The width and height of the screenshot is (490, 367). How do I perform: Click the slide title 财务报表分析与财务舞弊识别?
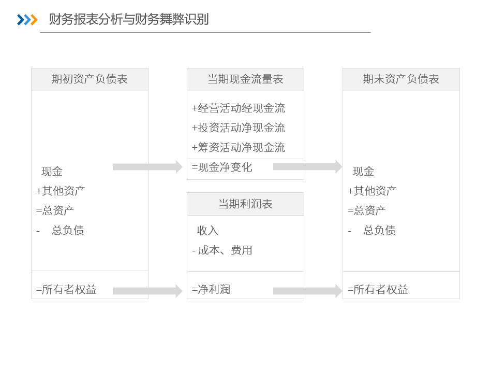click(x=129, y=19)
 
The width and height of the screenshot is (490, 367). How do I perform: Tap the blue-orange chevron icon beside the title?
click(x=27, y=20)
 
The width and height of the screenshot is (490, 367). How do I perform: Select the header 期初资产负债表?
click(x=90, y=79)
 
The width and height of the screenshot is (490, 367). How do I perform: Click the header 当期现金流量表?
click(x=245, y=79)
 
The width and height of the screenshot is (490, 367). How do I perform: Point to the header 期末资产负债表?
click(x=401, y=79)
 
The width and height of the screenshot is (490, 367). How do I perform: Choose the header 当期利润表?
click(x=245, y=204)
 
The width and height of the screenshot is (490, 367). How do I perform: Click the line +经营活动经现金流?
click(x=238, y=108)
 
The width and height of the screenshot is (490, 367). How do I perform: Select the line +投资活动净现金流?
click(x=238, y=128)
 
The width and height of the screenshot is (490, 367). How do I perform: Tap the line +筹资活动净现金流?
click(x=238, y=148)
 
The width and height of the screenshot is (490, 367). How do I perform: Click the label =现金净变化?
click(x=222, y=167)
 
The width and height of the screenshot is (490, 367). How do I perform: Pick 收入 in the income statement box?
click(x=207, y=231)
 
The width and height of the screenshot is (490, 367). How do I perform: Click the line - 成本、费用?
click(x=222, y=250)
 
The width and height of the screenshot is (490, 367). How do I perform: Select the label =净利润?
click(x=211, y=289)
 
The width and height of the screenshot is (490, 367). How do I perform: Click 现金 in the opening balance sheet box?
click(x=52, y=171)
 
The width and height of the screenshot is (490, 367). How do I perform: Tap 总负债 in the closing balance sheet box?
click(x=379, y=230)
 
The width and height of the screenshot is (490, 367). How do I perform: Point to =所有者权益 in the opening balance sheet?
click(x=66, y=289)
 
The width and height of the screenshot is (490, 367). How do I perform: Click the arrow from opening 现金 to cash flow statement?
click(x=147, y=167)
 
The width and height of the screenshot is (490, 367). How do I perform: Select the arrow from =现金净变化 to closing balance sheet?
click(x=308, y=167)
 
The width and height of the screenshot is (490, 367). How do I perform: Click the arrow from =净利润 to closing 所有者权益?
click(x=308, y=291)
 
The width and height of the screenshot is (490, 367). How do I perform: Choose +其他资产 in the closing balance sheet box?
click(x=372, y=191)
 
